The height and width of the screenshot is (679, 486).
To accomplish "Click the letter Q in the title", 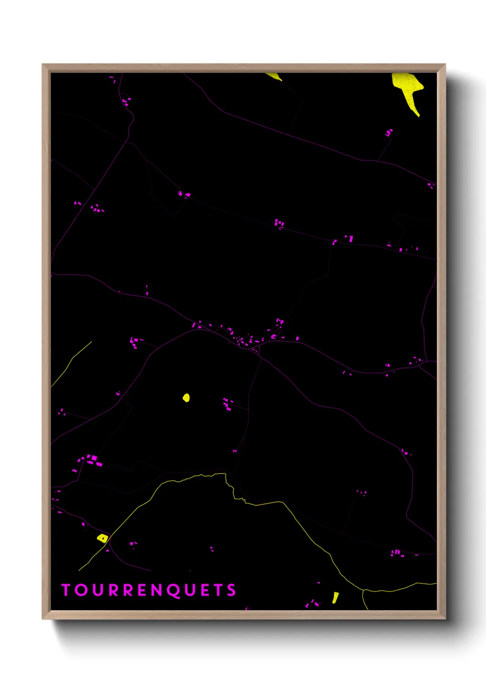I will click(173, 591).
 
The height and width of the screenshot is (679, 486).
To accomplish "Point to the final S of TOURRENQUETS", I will click(231, 590).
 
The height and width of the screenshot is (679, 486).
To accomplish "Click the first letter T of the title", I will click(66, 590).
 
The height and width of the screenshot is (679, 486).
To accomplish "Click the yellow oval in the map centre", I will click(186, 397).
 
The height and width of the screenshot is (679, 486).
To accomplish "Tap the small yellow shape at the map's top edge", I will click(274, 76).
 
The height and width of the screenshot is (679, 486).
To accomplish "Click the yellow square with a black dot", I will click(102, 538).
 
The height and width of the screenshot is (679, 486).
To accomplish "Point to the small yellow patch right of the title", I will click(335, 597).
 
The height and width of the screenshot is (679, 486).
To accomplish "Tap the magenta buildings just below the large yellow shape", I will click(389, 133).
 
